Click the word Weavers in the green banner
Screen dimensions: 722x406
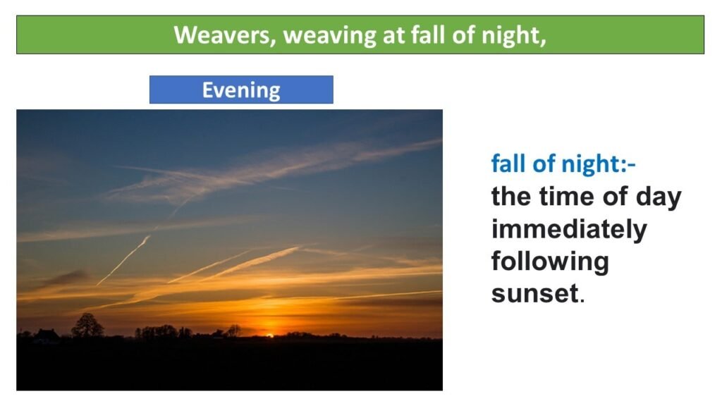(x=224, y=35)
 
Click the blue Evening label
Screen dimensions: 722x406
(x=241, y=90)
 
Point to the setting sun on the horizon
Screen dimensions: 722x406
(x=270, y=336)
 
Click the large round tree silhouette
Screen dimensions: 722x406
(x=87, y=325)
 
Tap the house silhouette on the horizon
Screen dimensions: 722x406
(x=47, y=336)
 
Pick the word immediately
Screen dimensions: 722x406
(x=569, y=229)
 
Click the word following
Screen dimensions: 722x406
(x=550, y=262)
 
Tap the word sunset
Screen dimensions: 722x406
(x=534, y=294)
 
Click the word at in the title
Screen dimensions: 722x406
(x=393, y=36)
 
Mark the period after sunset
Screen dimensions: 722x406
(x=582, y=301)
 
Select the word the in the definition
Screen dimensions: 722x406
(x=511, y=197)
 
